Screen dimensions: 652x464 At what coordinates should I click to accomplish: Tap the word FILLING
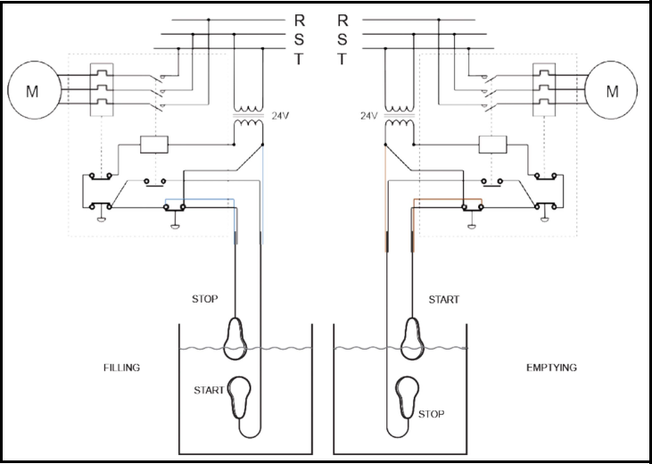point(122,368)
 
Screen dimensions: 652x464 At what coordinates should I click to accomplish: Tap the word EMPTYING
point(551,368)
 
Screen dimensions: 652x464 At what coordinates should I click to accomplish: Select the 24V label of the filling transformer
point(280,116)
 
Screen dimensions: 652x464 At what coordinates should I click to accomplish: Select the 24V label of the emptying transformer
point(369,116)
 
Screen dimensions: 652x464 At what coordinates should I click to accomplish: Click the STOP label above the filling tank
point(204,299)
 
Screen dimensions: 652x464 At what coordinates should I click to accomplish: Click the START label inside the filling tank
point(209,390)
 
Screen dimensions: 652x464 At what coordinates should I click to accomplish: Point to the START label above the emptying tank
point(443,299)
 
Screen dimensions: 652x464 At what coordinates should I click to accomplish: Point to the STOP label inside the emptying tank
point(431,414)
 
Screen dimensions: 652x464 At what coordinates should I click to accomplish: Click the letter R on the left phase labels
point(300,20)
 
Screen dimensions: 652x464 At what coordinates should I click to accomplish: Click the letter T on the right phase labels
point(342,59)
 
